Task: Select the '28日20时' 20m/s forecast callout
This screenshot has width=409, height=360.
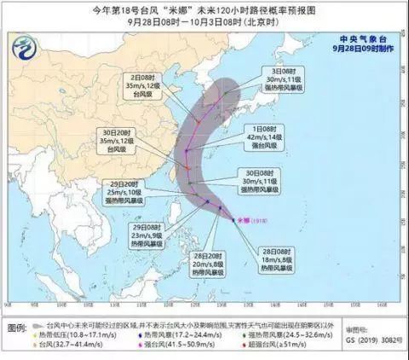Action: click(x=180, y=265)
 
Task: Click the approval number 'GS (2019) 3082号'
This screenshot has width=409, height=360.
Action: click(x=371, y=348)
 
